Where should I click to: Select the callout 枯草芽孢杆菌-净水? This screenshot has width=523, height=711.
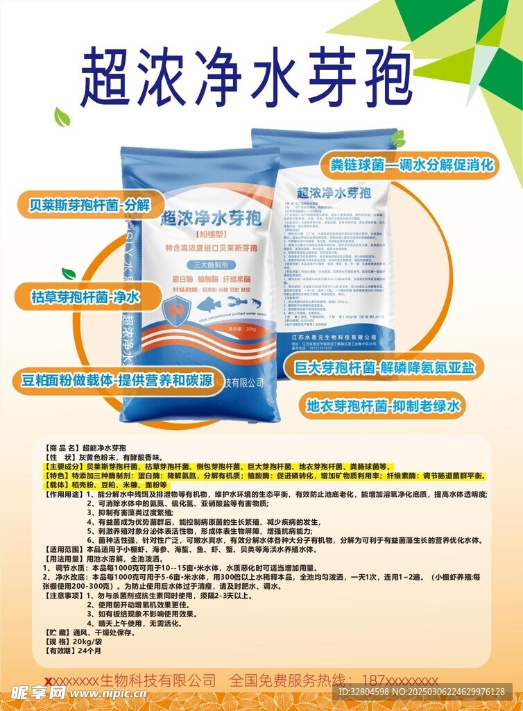click(85, 297)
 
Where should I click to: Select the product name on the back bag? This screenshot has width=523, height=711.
click(332, 192)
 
